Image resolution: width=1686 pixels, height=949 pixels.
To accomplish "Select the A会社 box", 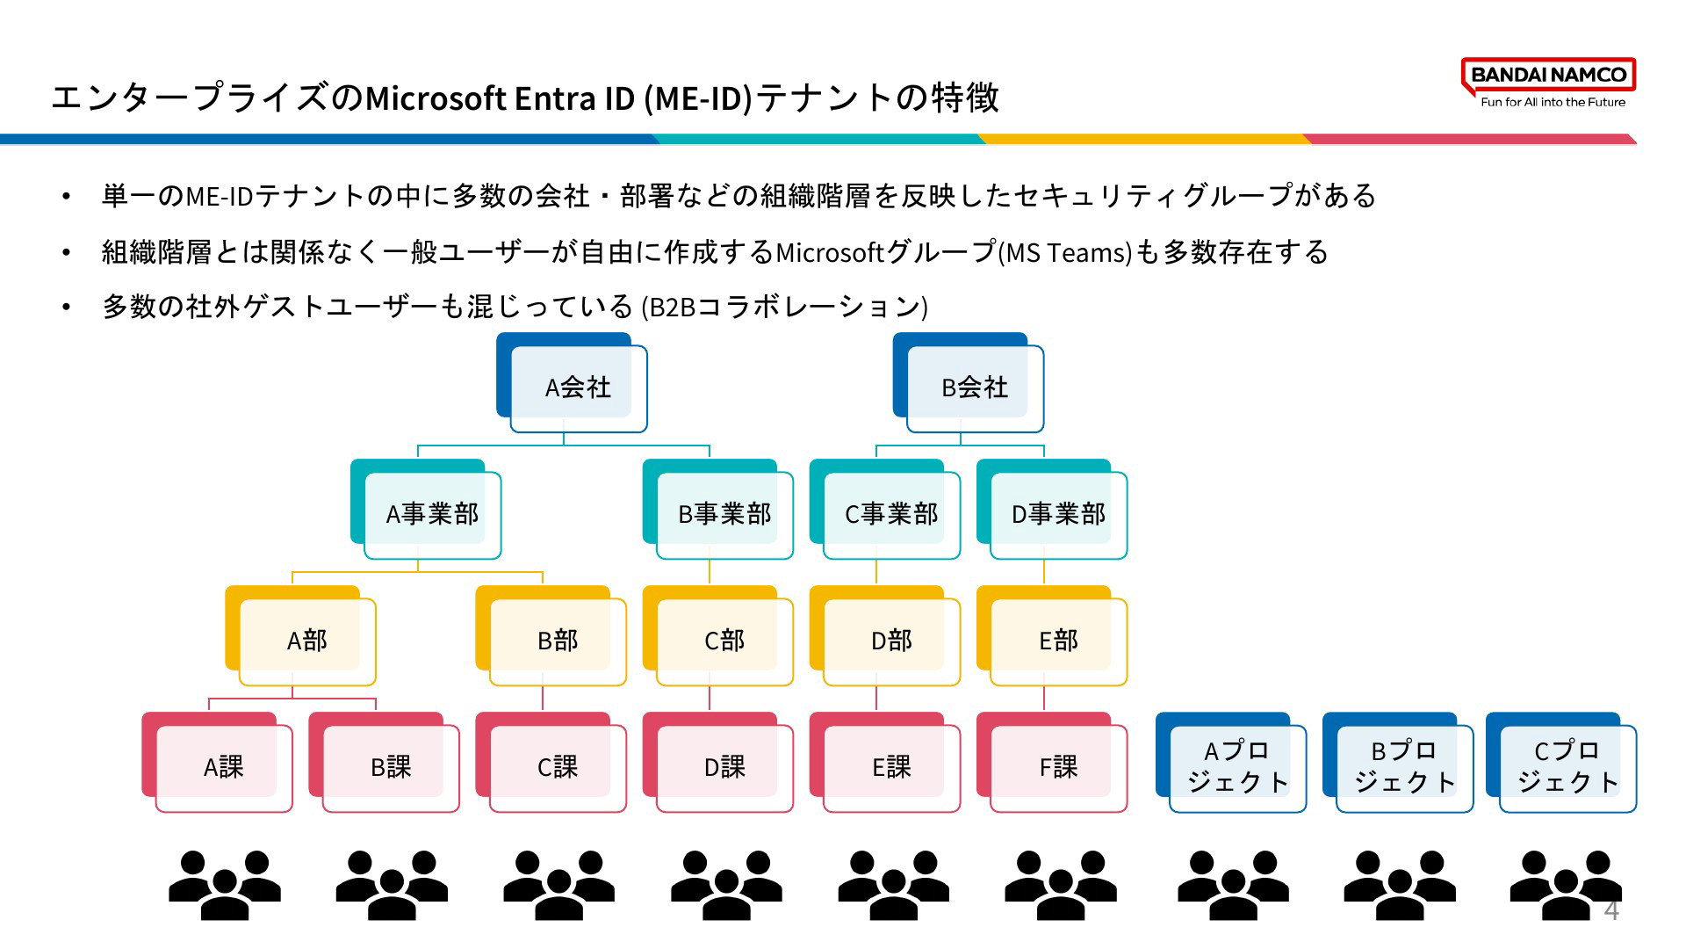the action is (x=572, y=383).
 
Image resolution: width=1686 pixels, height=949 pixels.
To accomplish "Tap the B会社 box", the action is (x=969, y=383).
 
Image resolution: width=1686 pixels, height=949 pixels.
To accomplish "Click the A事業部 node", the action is (x=426, y=510).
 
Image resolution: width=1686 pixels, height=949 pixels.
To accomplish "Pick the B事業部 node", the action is (x=718, y=510).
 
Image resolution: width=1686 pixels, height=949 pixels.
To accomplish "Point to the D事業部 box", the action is (x=1052, y=510).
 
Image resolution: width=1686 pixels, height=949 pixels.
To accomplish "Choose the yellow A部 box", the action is (x=300, y=636).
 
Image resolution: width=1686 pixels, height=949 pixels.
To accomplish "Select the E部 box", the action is (x=1052, y=636).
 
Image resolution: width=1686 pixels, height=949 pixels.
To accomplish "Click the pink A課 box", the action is (x=217, y=763).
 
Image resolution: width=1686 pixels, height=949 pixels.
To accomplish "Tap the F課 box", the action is (x=1052, y=763).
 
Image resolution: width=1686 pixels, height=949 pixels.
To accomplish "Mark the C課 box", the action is (x=551, y=763).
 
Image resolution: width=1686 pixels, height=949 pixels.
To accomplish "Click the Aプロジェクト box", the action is (x=1231, y=763).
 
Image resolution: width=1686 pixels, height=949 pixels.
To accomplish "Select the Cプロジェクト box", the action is (x=1561, y=763).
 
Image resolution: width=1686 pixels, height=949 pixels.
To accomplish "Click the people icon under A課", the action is (x=225, y=885).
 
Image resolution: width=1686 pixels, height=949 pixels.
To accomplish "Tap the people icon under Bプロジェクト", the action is (x=1400, y=885).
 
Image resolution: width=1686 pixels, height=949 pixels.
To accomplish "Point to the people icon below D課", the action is (x=727, y=885).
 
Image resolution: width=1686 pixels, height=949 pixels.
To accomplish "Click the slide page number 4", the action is (x=1611, y=910).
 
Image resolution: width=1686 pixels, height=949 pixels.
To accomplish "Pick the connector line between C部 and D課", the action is (x=710, y=698).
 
